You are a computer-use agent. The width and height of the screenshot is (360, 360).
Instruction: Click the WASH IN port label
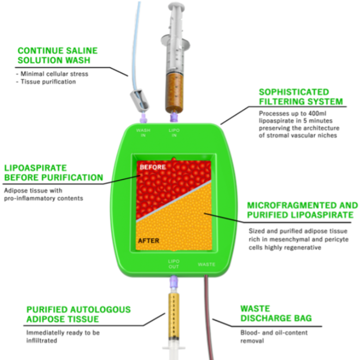(x=143, y=133)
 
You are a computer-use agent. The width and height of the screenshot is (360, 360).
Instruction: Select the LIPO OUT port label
(x=174, y=264)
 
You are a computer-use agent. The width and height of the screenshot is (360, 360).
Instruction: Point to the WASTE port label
(x=206, y=264)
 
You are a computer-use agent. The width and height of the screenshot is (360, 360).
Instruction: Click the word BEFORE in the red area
(x=153, y=167)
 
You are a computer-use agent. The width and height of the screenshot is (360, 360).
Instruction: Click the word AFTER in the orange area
(x=148, y=241)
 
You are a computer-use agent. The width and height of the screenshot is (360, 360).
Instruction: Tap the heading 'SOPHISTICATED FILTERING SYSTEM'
(x=301, y=97)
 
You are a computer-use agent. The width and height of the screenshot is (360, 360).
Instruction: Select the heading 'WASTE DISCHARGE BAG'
(x=276, y=314)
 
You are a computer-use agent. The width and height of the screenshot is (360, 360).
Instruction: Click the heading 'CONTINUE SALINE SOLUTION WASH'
(x=57, y=55)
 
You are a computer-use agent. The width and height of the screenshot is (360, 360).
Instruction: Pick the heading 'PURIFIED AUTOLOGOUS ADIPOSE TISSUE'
(x=78, y=314)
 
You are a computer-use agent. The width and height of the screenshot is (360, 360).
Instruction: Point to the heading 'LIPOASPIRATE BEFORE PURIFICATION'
(x=53, y=173)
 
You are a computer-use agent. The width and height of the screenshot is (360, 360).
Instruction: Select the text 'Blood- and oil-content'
(x=274, y=333)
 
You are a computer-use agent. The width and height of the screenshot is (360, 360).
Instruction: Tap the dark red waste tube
(x=209, y=316)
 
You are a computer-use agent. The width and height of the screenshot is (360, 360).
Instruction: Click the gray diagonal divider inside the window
(x=174, y=201)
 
